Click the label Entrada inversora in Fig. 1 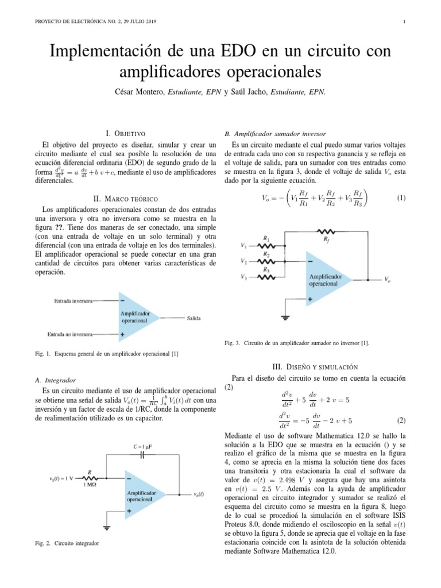(x=73, y=300)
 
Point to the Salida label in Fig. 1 (x=194, y=318)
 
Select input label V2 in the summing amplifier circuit (x=244, y=261)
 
